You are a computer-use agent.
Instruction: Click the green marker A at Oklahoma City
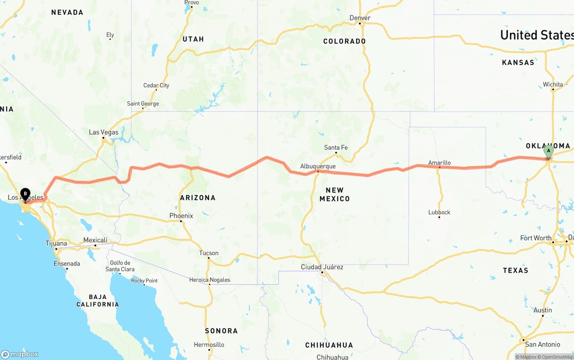tap(548, 152)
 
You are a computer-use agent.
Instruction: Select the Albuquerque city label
tap(317, 166)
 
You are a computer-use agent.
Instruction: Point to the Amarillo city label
tap(439, 163)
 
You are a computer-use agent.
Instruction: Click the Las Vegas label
tap(104, 132)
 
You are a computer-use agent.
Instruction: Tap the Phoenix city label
tap(181, 216)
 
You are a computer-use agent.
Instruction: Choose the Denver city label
tap(360, 18)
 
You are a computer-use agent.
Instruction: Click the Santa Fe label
tap(336, 147)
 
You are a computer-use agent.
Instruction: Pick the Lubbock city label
tap(439, 212)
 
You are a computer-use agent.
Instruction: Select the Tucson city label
tap(209, 253)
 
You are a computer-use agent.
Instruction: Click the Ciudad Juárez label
tap(322, 267)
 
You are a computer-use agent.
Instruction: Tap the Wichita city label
tap(552, 84)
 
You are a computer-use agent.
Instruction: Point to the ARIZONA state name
tap(198, 197)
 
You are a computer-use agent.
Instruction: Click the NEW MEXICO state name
tap(335, 194)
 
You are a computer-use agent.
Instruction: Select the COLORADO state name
tap(344, 41)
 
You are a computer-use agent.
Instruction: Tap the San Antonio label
tap(543, 344)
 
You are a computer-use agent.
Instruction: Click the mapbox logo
tap(20, 354)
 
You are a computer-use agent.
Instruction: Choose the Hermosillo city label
tap(209, 345)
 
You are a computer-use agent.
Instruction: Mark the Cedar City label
tap(156, 85)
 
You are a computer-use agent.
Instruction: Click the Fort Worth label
tap(535, 238)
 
